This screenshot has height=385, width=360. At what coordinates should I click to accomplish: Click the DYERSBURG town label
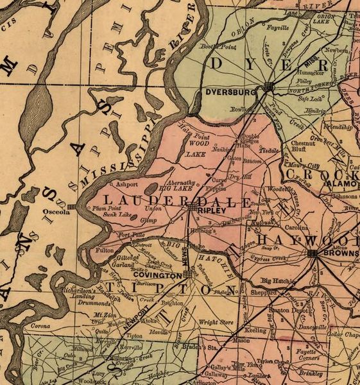pyautogui.click(x=228, y=92)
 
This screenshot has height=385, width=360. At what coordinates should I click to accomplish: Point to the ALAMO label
pyautogui.click(x=337, y=183)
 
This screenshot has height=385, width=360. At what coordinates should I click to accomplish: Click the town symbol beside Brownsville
pyautogui.click(x=313, y=255)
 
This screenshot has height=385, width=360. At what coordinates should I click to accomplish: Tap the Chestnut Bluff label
pyautogui.click(x=304, y=147)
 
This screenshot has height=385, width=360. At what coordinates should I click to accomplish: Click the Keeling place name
pyautogui.click(x=255, y=330)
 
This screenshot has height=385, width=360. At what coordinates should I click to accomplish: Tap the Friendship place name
pyautogui.click(x=338, y=127)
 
